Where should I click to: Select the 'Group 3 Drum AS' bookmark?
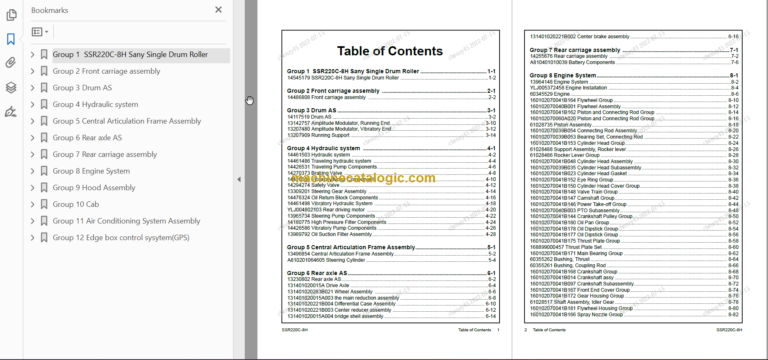[83, 88]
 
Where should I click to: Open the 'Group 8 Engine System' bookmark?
[91, 171]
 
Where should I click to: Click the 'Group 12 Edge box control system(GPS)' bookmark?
[120, 238]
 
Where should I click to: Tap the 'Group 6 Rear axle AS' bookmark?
[87, 138]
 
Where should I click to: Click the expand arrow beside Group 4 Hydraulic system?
[32, 104]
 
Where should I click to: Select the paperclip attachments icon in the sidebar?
[11, 62]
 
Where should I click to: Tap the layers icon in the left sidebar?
[11, 86]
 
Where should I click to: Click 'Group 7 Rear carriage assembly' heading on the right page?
[577, 48]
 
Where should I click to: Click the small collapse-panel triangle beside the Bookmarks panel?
[239, 179]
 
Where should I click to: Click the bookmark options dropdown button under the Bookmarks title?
[41, 32]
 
